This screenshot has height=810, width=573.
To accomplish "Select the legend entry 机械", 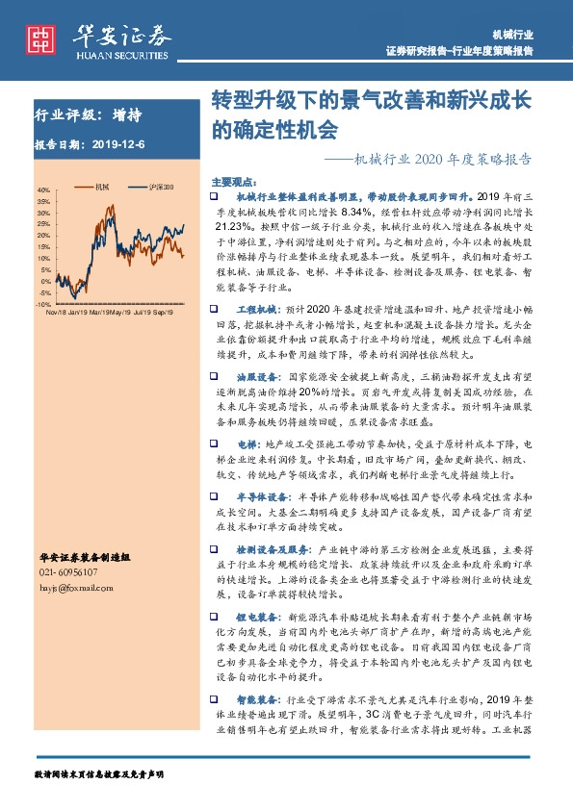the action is click(x=102, y=186).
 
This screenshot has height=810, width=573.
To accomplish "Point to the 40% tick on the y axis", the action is click(x=44, y=190).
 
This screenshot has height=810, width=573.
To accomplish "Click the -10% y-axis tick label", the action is click(x=42, y=304).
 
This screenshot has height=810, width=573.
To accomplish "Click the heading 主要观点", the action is click(x=232, y=181).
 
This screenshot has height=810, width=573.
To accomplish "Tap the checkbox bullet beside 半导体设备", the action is click(x=216, y=496).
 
